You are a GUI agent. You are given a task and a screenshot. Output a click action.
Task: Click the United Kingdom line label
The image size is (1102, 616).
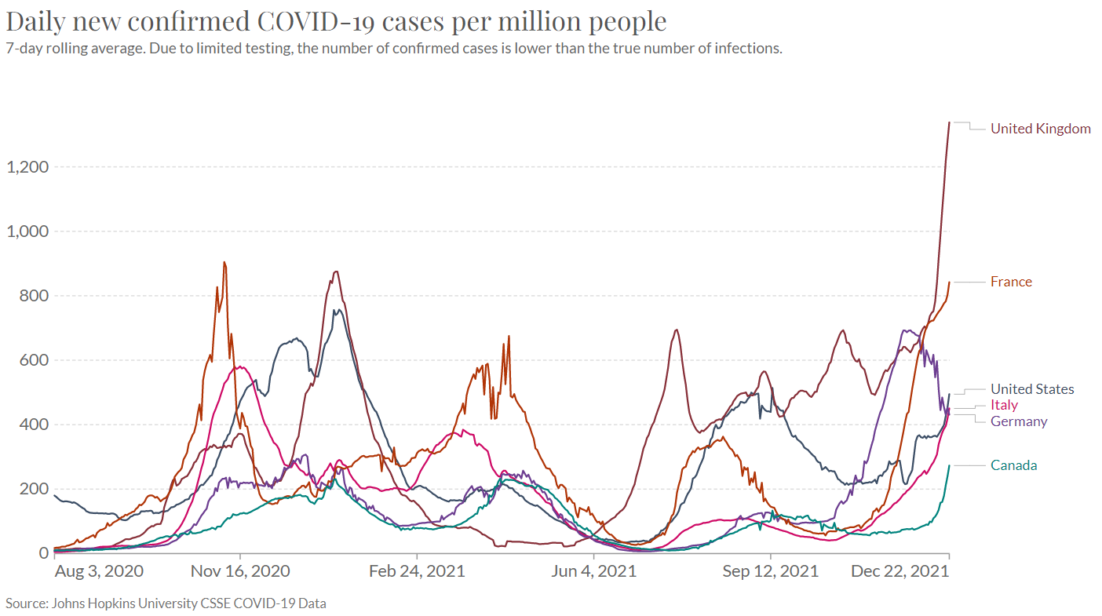1040,129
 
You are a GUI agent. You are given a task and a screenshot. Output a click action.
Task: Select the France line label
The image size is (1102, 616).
1011,282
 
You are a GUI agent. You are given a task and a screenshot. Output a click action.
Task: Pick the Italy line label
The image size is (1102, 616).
1004,405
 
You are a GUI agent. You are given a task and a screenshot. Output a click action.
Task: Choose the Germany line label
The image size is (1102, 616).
1019,421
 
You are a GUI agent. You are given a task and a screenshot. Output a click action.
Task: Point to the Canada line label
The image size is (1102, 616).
1013,465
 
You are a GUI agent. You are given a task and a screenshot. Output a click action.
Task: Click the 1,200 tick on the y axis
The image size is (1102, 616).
27,167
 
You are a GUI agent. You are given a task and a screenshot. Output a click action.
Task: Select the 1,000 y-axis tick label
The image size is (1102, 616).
27,231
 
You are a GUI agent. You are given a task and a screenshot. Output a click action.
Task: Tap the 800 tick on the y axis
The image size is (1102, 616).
35,296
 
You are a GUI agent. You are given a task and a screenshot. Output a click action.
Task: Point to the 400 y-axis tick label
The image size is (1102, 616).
35,425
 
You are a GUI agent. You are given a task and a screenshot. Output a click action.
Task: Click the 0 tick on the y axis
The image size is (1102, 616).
46,553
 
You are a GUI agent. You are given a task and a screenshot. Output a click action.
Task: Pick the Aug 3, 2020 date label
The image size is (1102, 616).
99,571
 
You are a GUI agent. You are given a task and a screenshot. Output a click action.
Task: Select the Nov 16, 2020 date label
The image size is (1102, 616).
240,571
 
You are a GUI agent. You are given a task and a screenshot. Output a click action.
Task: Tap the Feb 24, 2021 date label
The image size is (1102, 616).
417,571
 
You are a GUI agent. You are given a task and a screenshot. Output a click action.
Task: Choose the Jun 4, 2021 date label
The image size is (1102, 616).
594,571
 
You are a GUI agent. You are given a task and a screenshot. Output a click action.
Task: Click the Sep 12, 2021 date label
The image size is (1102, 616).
771,571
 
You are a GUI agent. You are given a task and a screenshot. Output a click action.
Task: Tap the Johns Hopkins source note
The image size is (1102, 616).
166,603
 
